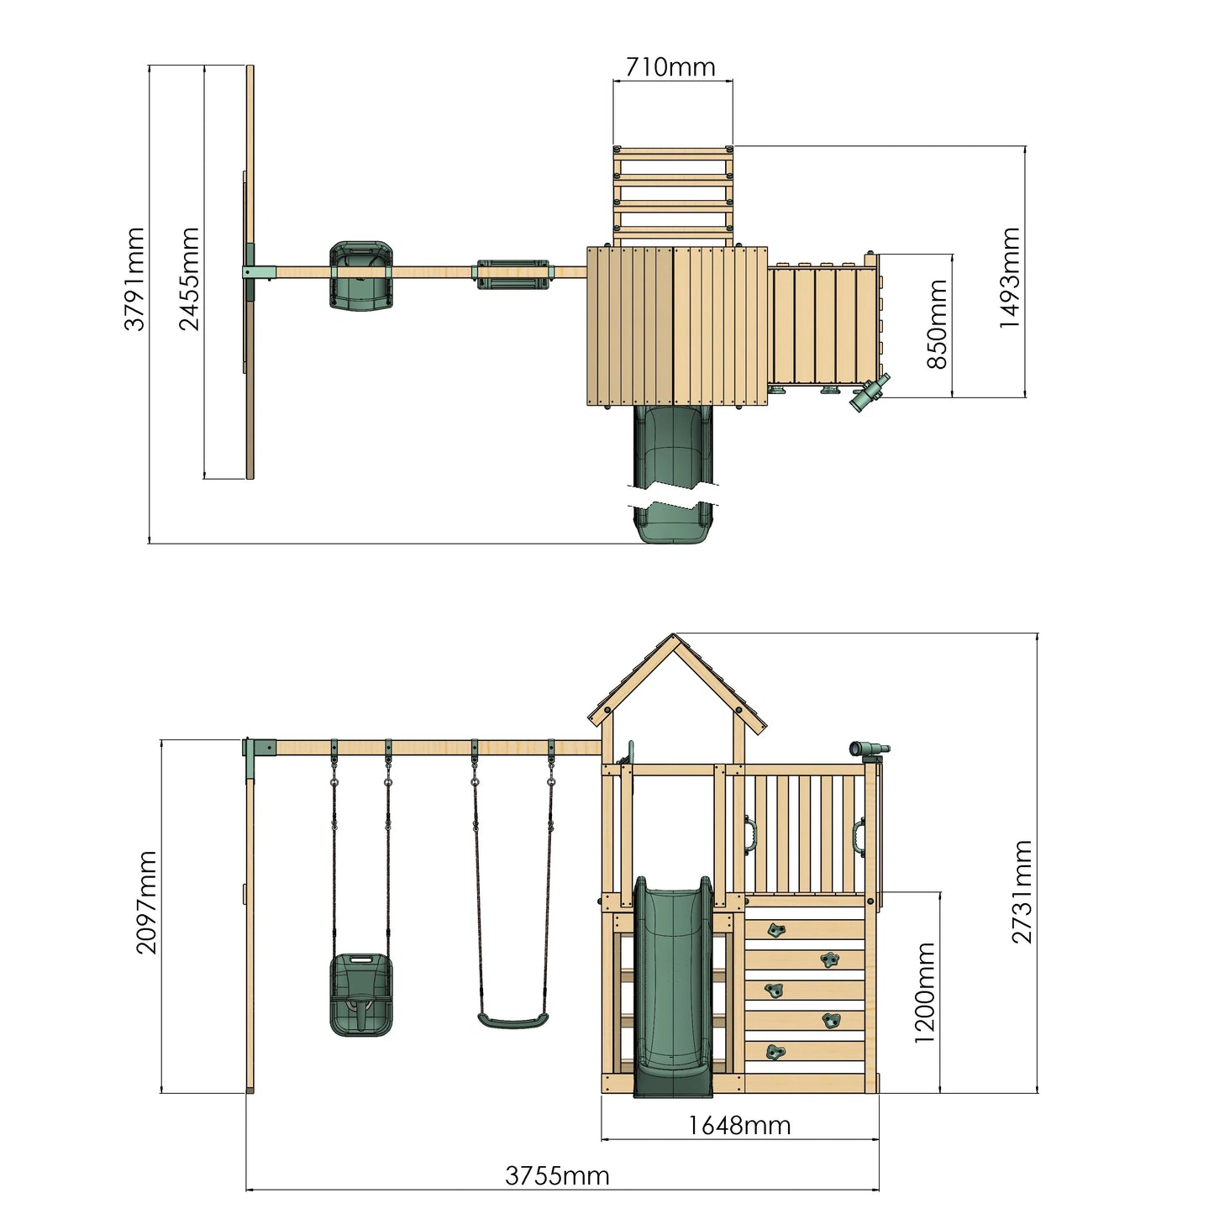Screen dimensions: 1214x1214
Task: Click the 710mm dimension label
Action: [x=670, y=67]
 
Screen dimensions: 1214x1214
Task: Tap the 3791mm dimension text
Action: [x=135, y=279]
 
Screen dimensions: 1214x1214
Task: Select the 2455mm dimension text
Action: [x=190, y=279]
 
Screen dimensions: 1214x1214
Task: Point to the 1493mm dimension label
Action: [x=1009, y=277]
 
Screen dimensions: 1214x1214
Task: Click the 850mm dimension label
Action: [x=937, y=324]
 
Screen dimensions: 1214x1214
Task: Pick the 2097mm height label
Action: [x=147, y=901]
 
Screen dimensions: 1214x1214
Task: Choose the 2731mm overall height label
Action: [x=1022, y=891]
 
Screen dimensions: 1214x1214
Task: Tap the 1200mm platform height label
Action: [x=924, y=992]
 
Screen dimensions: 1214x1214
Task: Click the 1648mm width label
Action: [x=739, y=1125]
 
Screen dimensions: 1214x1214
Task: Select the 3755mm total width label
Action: [x=557, y=1175]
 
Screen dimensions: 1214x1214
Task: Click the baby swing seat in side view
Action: [x=361, y=994]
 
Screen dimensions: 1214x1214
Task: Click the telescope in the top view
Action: [x=870, y=392]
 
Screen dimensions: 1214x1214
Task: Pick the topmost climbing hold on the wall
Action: [x=777, y=929]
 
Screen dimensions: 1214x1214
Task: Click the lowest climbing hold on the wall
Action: [x=776, y=1052]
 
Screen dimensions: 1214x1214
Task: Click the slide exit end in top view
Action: [x=674, y=526]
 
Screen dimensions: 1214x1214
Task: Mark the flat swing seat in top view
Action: [x=512, y=274]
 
